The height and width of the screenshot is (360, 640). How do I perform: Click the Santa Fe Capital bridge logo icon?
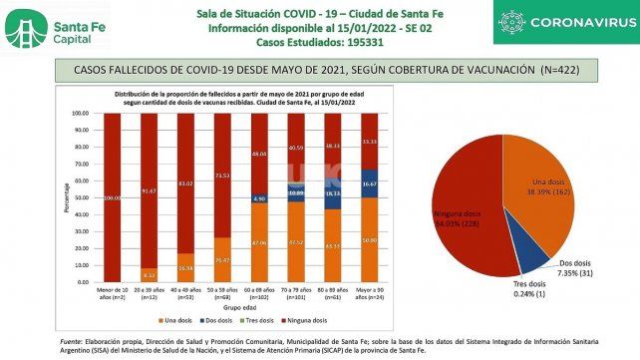click(24, 29)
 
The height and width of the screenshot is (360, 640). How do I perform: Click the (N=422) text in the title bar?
click(574, 70)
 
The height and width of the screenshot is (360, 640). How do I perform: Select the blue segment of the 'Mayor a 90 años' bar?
click(368, 182)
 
